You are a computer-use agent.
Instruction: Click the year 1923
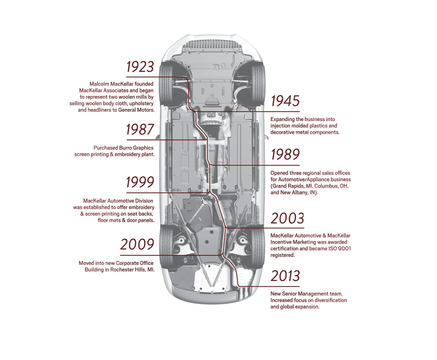[x=140, y=67]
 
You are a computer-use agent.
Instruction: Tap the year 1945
[x=286, y=101]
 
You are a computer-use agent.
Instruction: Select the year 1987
[x=140, y=130]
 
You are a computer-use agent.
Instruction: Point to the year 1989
[x=286, y=154]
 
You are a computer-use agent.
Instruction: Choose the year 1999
[x=140, y=182]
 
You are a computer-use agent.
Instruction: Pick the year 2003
[x=288, y=218]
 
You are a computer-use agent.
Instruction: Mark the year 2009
[x=137, y=244]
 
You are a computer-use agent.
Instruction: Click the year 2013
[x=286, y=276]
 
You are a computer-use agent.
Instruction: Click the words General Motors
[x=136, y=110]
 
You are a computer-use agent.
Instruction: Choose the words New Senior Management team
[x=306, y=294]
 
